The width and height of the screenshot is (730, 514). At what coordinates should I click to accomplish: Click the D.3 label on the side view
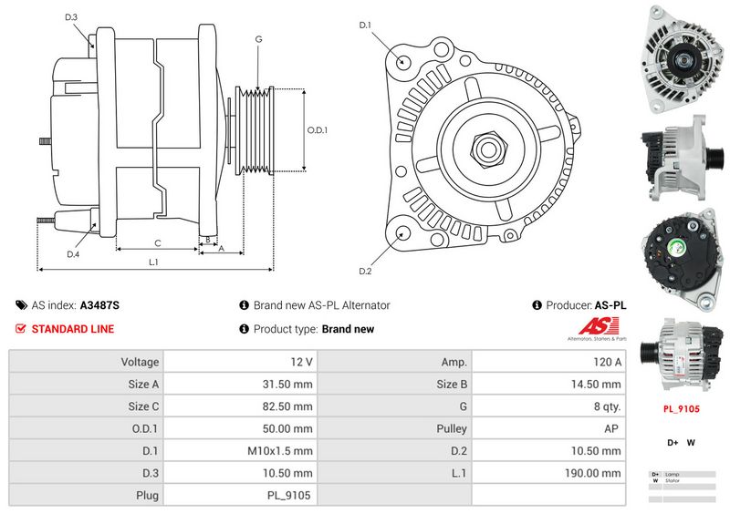(71, 17)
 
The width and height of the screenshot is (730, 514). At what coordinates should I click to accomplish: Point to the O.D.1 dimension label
(317, 129)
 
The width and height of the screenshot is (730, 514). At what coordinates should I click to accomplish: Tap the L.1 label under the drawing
(154, 262)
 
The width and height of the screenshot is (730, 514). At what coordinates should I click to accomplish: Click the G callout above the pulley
(259, 39)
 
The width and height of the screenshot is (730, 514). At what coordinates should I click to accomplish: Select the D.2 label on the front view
(365, 271)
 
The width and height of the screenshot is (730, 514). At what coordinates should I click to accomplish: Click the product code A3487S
(99, 305)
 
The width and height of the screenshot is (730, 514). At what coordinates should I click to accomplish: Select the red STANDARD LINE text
(73, 329)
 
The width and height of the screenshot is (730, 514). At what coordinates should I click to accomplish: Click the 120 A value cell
(549, 362)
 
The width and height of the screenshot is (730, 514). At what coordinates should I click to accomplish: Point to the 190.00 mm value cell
(549, 473)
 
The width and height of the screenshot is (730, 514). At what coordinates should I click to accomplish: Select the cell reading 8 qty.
(549, 406)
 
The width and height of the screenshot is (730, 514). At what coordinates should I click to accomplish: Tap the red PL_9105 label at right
(681, 409)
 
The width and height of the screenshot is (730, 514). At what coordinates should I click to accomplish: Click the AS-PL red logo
(603, 327)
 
